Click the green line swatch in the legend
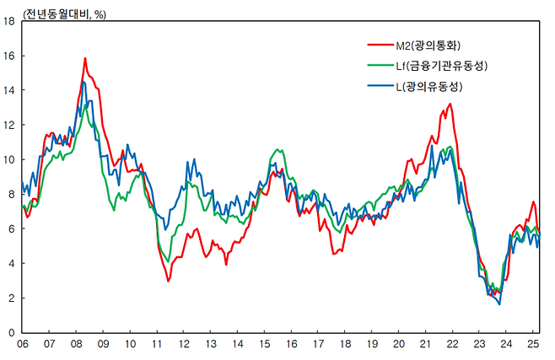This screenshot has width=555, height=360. (380, 66)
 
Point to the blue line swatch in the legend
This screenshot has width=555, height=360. (380, 87)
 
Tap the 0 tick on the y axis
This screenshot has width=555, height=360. (12, 332)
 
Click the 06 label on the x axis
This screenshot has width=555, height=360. (23, 345)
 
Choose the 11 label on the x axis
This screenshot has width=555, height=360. (158, 345)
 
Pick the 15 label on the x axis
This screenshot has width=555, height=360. (266, 345)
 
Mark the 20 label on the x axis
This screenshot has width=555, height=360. (400, 345)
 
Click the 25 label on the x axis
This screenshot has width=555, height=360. (534, 345)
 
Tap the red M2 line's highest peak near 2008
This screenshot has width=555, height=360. (85, 58)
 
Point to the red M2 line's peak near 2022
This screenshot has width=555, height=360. (450, 104)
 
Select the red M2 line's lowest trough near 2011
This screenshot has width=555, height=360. (168, 281)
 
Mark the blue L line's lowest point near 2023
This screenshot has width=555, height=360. (499, 304)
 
